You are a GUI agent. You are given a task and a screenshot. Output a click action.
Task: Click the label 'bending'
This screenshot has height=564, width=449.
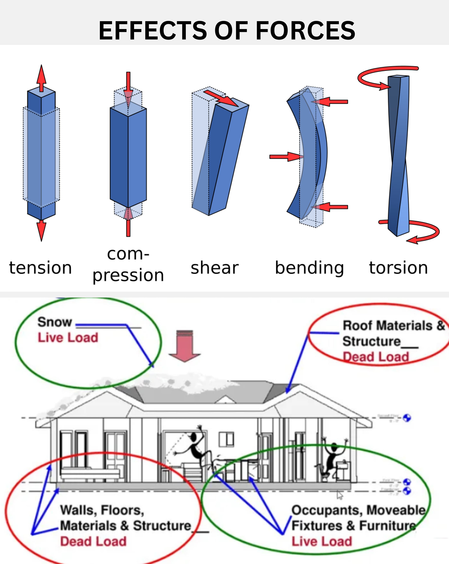click(309, 268)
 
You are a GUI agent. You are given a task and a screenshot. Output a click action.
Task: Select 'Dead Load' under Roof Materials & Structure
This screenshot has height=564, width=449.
click(376, 357)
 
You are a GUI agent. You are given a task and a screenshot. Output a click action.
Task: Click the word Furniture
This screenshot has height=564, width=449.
click(387, 526)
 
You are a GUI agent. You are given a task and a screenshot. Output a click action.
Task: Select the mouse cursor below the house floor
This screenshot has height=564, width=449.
click(340, 495)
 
